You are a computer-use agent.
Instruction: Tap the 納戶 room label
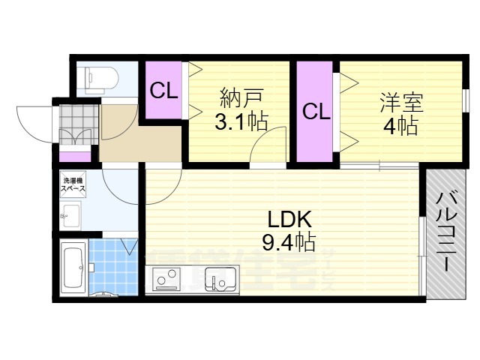[241, 98]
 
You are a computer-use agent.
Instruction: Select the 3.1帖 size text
[241, 121]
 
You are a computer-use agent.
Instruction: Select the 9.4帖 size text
[288, 242]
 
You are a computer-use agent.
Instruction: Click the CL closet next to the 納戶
[163, 91]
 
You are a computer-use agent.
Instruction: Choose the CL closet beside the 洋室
[316, 112]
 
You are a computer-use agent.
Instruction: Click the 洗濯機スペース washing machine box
[73, 185]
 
